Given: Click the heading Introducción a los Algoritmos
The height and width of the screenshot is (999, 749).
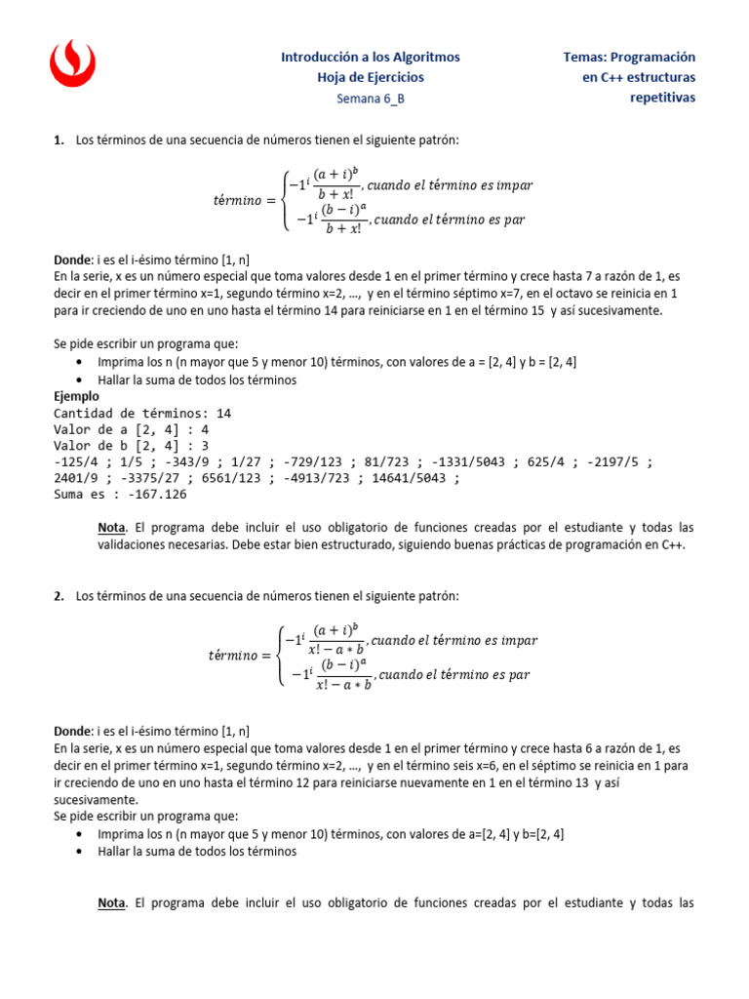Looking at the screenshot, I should [x=370, y=58].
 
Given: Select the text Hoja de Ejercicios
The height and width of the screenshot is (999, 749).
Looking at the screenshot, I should [x=371, y=77].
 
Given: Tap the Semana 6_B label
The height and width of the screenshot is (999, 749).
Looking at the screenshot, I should [x=370, y=98].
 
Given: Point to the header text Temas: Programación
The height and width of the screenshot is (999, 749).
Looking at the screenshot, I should [x=630, y=58].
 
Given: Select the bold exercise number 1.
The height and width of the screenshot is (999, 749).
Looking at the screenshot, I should [x=58, y=140].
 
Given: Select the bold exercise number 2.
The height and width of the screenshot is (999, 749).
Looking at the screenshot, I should [x=58, y=595].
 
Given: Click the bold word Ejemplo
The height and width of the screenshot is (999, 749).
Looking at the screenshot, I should [x=76, y=397].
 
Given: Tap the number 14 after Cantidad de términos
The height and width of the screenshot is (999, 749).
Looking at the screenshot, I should [x=223, y=413].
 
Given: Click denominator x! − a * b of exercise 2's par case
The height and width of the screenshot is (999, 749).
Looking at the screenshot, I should [x=343, y=684].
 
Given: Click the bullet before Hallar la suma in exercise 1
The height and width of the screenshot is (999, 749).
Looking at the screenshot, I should [x=79, y=380].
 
